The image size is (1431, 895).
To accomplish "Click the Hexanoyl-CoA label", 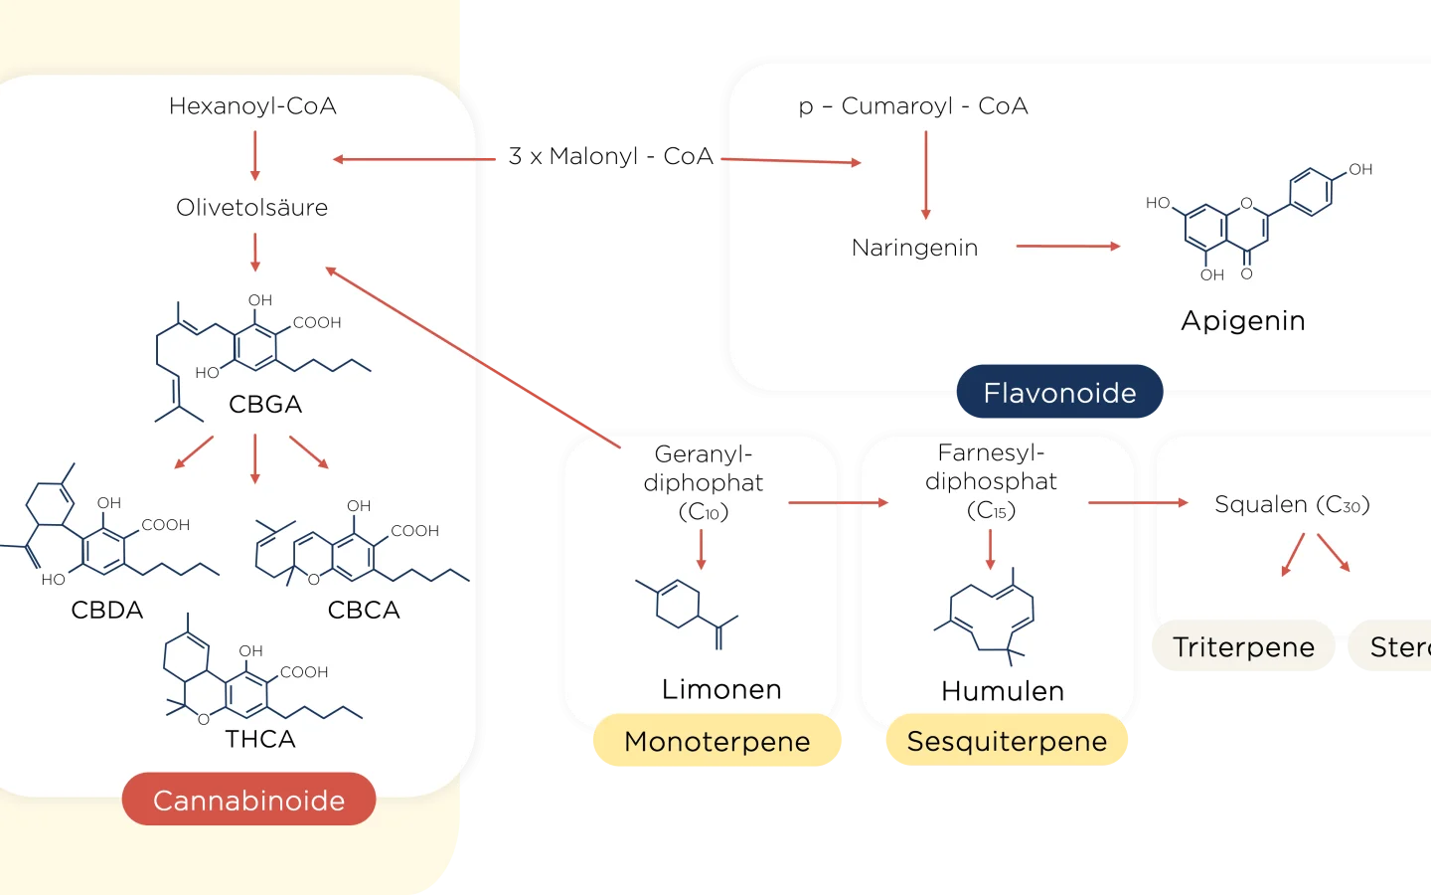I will point(252,106).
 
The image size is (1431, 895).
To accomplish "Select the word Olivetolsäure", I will point(251,208).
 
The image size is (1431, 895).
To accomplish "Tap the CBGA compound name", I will point(265,405).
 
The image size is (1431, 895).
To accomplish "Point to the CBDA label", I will point(107,610).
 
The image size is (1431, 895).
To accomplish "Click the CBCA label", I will point(364,610).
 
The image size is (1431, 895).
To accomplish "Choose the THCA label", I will point(260,739).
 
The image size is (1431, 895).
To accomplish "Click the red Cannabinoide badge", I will point(248,800).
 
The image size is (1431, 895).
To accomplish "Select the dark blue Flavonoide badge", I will point(1059,393).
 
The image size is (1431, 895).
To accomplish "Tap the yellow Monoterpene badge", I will point(716,741).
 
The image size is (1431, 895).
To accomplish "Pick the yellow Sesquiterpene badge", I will point(1007,741).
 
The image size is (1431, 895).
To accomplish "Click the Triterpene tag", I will point(1243,647).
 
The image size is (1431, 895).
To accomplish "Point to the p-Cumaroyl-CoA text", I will point(913,106).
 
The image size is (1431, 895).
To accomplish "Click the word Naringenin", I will point(914,248).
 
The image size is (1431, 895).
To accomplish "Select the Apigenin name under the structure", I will point(1242,321).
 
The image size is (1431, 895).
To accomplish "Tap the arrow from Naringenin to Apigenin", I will point(1068,246).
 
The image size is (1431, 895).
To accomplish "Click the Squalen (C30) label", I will point(1292,504).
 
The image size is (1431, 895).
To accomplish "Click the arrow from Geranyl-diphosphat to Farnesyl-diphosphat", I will point(838,503).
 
